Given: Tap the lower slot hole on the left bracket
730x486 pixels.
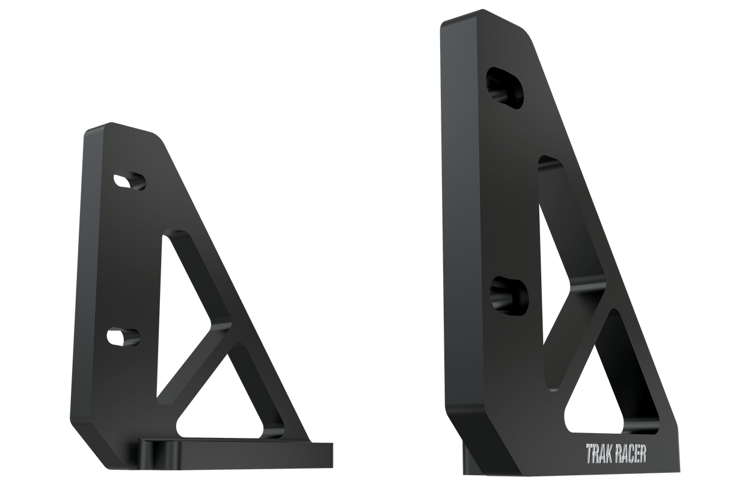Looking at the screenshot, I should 123,336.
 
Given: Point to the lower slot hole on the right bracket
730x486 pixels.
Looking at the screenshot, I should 509,294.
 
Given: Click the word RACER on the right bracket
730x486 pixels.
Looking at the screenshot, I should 631,454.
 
